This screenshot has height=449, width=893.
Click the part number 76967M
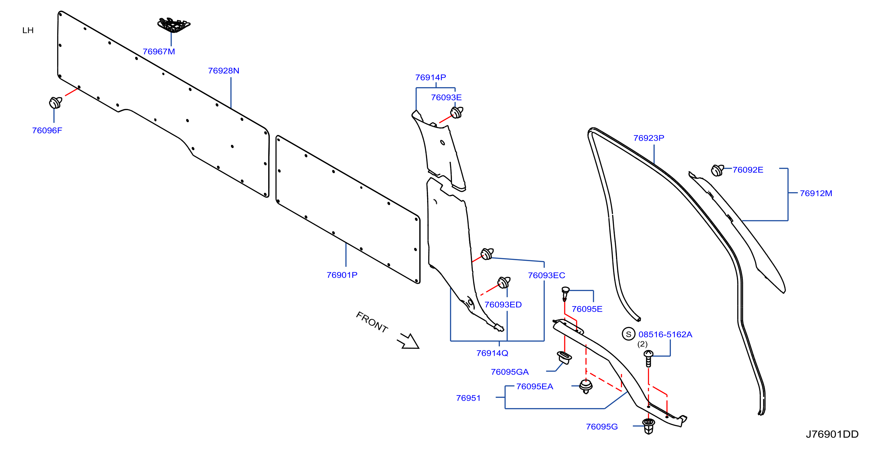coord(159,52)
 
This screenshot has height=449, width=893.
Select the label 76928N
coord(224,71)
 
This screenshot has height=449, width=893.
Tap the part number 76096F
coord(47,131)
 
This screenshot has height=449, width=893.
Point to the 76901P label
coord(342,275)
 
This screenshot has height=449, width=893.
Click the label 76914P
coord(430,77)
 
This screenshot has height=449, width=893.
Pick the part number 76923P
coord(649,138)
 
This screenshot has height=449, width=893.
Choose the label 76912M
coord(816,193)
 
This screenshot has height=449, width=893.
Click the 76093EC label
coord(546,275)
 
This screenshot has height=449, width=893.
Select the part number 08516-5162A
coord(665,335)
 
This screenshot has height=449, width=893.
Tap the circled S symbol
coord(628,334)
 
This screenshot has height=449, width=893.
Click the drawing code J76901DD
coord(832,434)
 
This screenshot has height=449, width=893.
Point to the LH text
coord(28,31)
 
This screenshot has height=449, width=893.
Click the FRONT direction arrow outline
coord(409,341)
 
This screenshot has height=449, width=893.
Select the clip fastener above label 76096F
coord(55,103)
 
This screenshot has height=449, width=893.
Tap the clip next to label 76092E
coord(717,170)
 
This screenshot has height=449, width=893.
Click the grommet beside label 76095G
coord(648,426)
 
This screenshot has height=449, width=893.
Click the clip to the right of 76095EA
coord(586,386)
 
